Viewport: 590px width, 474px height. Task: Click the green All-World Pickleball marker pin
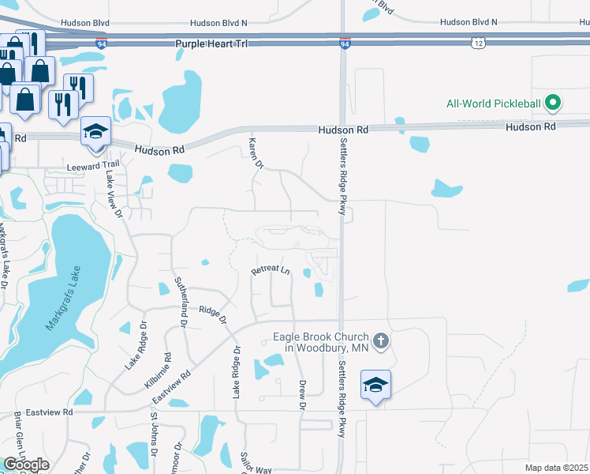tap(554, 103)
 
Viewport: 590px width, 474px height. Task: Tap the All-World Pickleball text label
tap(494, 103)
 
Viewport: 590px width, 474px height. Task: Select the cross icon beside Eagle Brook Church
tap(380, 341)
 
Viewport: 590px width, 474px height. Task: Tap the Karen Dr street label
tap(255, 152)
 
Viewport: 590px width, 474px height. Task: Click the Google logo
tap(26, 464)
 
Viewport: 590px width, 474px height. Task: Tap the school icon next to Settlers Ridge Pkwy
tap(375, 386)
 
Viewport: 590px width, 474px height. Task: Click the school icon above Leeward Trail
tap(95, 132)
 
